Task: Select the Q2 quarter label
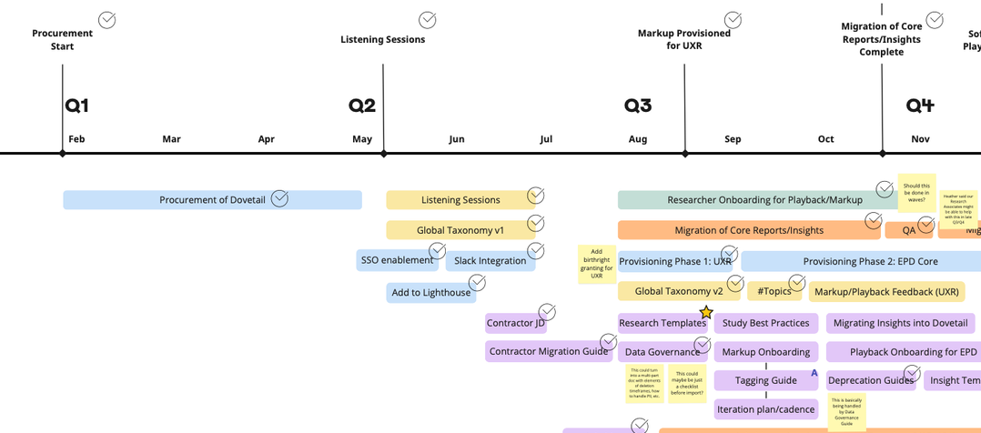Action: (362, 106)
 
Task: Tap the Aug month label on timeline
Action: (638, 139)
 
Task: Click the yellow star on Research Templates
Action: (706, 312)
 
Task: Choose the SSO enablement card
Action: (397, 260)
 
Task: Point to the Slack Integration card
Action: (490, 261)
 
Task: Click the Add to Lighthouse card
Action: (430, 293)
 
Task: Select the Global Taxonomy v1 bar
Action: (460, 230)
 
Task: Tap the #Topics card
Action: (774, 292)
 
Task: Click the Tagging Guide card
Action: (765, 381)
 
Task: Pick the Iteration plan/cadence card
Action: (765, 409)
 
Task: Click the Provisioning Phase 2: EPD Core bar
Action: (857, 262)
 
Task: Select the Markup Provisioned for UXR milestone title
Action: (683, 39)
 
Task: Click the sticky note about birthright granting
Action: (596, 264)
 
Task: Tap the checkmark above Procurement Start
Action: (107, 20)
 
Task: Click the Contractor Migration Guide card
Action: (548, 351)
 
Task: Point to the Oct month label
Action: (825, 139)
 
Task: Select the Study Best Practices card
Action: (765, 323)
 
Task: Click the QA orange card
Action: (908, 230)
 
